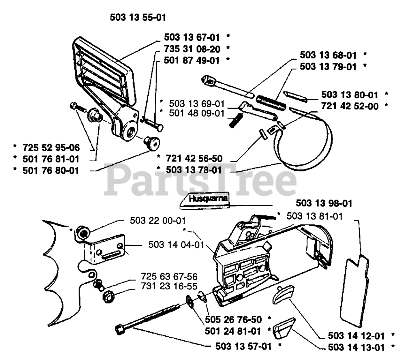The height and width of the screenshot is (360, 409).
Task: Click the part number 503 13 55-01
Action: coord(138,17)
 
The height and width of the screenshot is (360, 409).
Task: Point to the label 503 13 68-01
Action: coord(328,55)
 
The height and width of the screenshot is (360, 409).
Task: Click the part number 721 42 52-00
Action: coord(350,106)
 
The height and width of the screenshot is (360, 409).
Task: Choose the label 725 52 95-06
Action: coord(51,148)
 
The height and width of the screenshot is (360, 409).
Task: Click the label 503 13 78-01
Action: coord(194,169)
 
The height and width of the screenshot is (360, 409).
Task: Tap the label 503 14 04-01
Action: coord(176,245)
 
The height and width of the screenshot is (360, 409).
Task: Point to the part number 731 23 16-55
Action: coord(169,287)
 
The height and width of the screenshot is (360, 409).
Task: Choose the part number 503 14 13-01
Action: coord(356,347)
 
